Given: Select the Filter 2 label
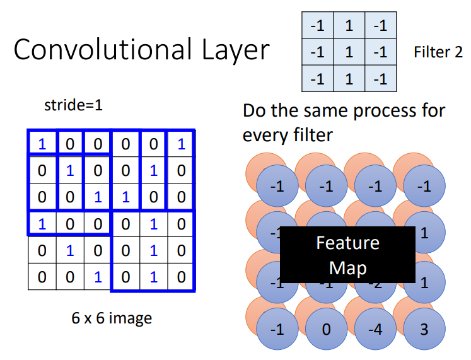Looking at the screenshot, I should pyautogui.click(x=438, y=52).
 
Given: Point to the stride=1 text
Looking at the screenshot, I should pyautogui.click(x=73, y=105).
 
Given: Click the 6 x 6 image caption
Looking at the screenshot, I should pyautogui.click(x=112, y=318).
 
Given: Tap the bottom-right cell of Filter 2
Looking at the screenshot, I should pyautogui.click(x=380, y=78).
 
